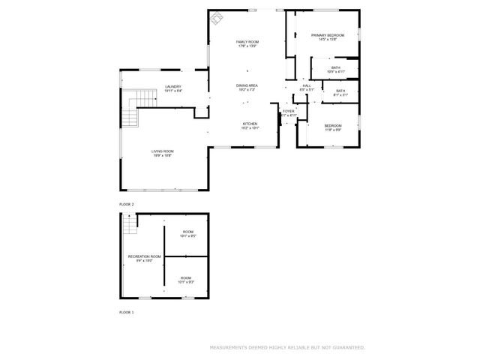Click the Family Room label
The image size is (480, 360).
point(247,41)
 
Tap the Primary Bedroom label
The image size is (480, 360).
point(328,35)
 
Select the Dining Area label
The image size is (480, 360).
point(247,85)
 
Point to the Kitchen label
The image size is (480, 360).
point(250,124)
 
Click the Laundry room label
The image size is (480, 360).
point(173,86)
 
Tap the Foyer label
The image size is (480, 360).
point(289,111)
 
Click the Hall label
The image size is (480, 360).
point(307,85)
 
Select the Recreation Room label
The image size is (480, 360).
point(145,256)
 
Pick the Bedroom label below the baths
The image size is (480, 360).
point(333,125)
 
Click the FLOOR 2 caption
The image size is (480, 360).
point(127,204)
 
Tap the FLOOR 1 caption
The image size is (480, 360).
point(127,311)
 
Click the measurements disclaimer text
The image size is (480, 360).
point(286,347)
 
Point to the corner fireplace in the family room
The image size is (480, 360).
point(216,17)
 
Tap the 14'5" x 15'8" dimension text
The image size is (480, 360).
point(328,40)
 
